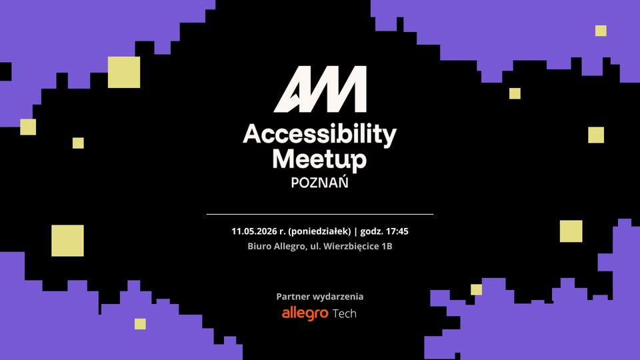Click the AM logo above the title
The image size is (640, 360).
(320, 89)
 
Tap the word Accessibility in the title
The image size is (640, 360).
(319, 135)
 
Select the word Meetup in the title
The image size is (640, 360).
(319, 159)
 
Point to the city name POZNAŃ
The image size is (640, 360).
(319, 182)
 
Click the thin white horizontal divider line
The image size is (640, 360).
(320, 214)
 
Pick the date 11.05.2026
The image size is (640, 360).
(254, 231)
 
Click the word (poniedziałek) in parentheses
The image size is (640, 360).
(319, 231)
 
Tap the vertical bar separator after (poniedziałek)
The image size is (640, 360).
(355, 231)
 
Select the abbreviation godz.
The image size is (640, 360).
(371, 231)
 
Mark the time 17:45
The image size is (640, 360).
(397, 231)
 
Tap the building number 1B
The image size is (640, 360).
(387, 246)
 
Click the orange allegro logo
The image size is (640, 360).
(305, 313)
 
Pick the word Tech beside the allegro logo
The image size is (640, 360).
(345, 313)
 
